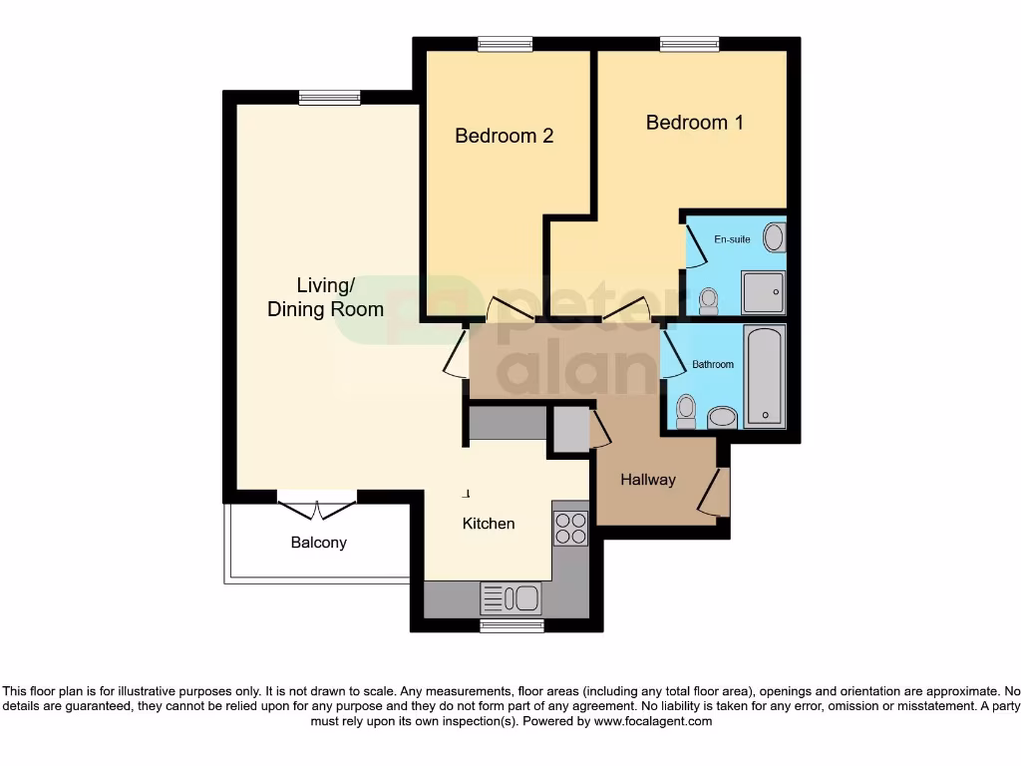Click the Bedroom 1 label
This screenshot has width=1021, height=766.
tap(694, 123)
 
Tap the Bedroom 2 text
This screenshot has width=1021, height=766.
tap(504, 136)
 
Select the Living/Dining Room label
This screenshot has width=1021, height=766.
tap(325, 297)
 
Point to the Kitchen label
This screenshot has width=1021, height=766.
tap(489, 524)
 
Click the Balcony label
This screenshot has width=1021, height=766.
tap(319, 543)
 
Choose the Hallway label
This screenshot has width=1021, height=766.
tap(648, 480)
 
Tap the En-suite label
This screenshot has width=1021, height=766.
tap(731, 240)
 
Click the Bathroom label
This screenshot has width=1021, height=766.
tap(713, 365)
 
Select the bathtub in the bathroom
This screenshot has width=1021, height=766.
tap(765, 376)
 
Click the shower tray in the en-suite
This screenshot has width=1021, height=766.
tap(763, 292)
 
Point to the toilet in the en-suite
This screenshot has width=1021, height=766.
tap(709, 298)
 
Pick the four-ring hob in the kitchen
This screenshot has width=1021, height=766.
tap(571, 528)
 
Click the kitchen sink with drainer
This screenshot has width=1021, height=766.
tap(510, 598)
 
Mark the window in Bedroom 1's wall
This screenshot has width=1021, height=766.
tap(689, 44)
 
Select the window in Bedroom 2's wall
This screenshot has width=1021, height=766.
tap(505, 44)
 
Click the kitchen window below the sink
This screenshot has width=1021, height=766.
tap(511, 625)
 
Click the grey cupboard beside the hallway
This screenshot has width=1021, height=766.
tap(571, 429)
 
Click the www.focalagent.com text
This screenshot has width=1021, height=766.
tap(652, 721)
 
